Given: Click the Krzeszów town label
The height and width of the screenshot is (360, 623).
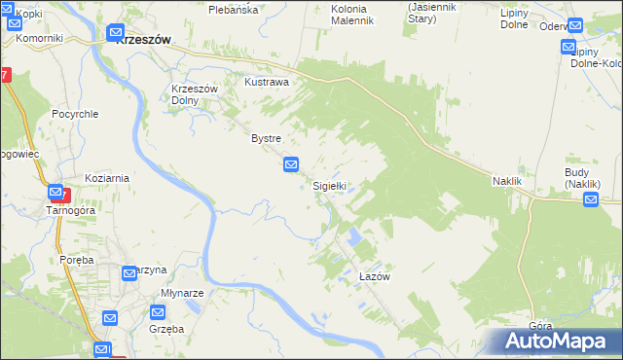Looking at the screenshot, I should (x=143, y=40).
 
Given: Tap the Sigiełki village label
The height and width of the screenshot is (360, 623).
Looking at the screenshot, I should (x=329, y=185).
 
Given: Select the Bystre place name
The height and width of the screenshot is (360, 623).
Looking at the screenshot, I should (x=266, y=139).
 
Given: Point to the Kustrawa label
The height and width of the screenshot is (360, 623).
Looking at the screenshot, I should (x=267, y=83).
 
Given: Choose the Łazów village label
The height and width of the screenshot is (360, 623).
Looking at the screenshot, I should (x=374, y=277).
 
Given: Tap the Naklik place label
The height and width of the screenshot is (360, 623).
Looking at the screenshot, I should (x=507, y=182).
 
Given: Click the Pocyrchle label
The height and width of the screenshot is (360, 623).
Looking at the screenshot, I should (x=76, y=114).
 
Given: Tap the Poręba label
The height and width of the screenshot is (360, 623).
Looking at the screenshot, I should (x=75, y=261).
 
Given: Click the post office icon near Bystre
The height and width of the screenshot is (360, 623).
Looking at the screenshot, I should (x=291, y=165).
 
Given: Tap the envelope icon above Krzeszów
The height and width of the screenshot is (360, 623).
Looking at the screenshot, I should (x=116, y=31).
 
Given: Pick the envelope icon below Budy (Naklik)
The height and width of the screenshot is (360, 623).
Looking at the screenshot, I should (x=591, y=200).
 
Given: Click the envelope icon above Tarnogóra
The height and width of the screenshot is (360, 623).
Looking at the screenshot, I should (x=55, y=193).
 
